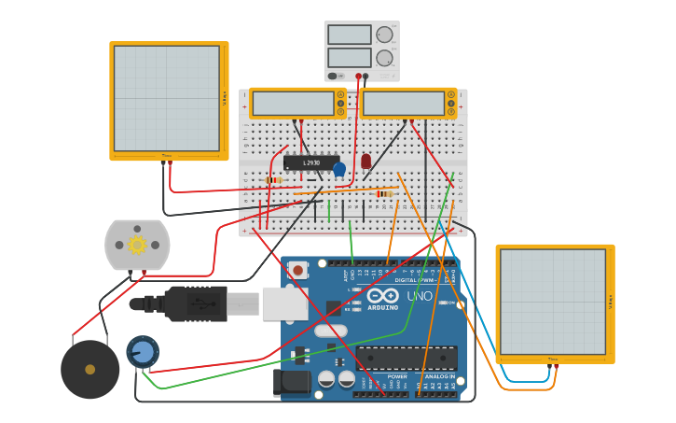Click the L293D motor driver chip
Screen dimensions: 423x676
310,162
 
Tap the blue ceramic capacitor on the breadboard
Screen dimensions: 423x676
339,169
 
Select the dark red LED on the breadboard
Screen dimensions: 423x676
366,162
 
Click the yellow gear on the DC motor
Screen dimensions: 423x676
137,245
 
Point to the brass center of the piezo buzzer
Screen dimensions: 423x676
90,370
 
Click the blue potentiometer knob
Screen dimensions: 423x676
142,351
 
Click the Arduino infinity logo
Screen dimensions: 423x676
382,295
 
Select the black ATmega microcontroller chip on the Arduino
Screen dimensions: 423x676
407,358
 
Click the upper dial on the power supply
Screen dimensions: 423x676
384,35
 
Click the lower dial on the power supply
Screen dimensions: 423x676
384,58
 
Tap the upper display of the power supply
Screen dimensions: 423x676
349,35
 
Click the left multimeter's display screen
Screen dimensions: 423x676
293,103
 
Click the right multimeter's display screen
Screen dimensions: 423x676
404,103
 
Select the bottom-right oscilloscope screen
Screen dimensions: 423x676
552,302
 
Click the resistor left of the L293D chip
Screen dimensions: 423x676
273,180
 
